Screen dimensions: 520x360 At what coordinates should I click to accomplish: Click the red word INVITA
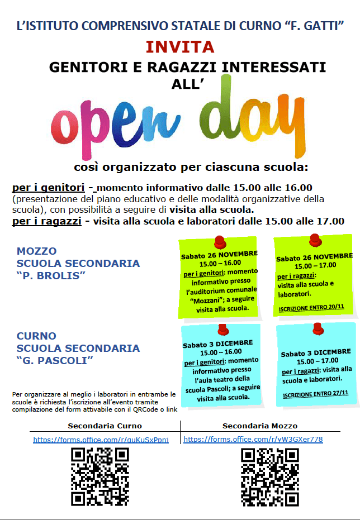coord(180,46)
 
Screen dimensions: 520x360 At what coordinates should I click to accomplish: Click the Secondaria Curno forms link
coord(101,440)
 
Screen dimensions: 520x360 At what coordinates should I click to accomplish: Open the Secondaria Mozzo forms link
coord(253,440)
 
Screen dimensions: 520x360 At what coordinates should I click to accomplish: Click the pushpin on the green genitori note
coord(220,243)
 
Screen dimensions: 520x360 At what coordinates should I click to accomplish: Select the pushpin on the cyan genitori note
coord(223,329)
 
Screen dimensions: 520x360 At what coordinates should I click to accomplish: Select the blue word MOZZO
coord(37,251)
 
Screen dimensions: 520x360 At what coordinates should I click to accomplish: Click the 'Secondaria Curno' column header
coord(105,426)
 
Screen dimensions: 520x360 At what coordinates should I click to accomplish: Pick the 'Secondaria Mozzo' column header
coord(260,426)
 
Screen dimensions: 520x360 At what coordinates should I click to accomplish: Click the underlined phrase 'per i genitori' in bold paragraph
coord(49,188)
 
